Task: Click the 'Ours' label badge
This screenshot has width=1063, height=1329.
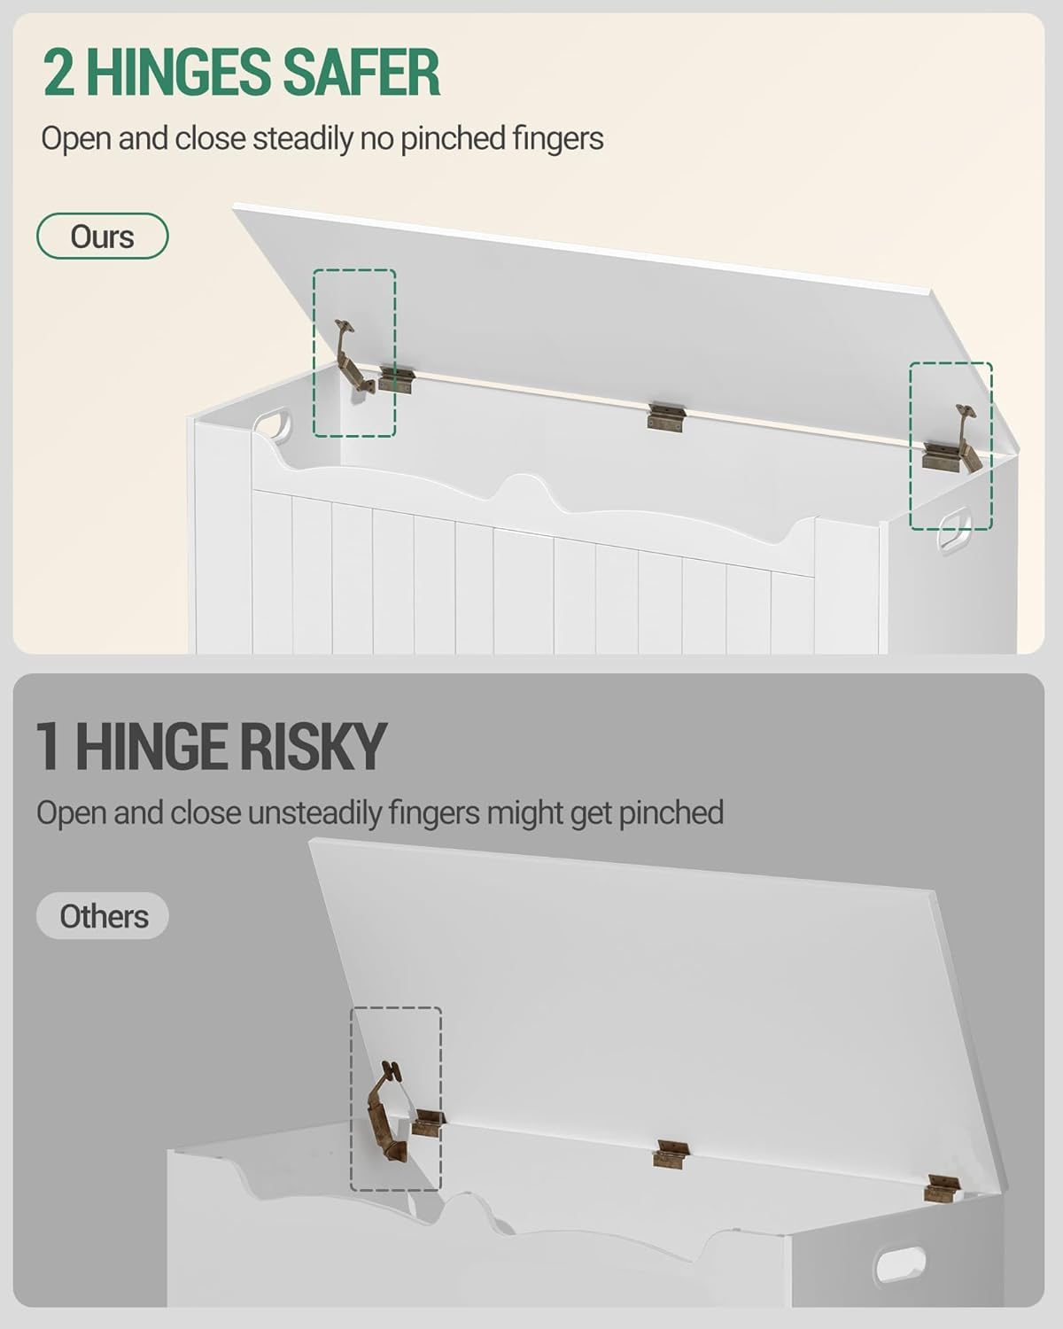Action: click(x=103, y=236)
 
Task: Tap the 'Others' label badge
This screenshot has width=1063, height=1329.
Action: click(x=103, y=916)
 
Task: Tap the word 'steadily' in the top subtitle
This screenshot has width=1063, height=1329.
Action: click(x=303, y=138)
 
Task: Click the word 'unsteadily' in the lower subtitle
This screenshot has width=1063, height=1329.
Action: click(x=314, y=812)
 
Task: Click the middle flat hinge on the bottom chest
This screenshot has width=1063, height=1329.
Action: click(x=671, y=1154)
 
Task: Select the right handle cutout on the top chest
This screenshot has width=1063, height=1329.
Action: click(x=953, y=528)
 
